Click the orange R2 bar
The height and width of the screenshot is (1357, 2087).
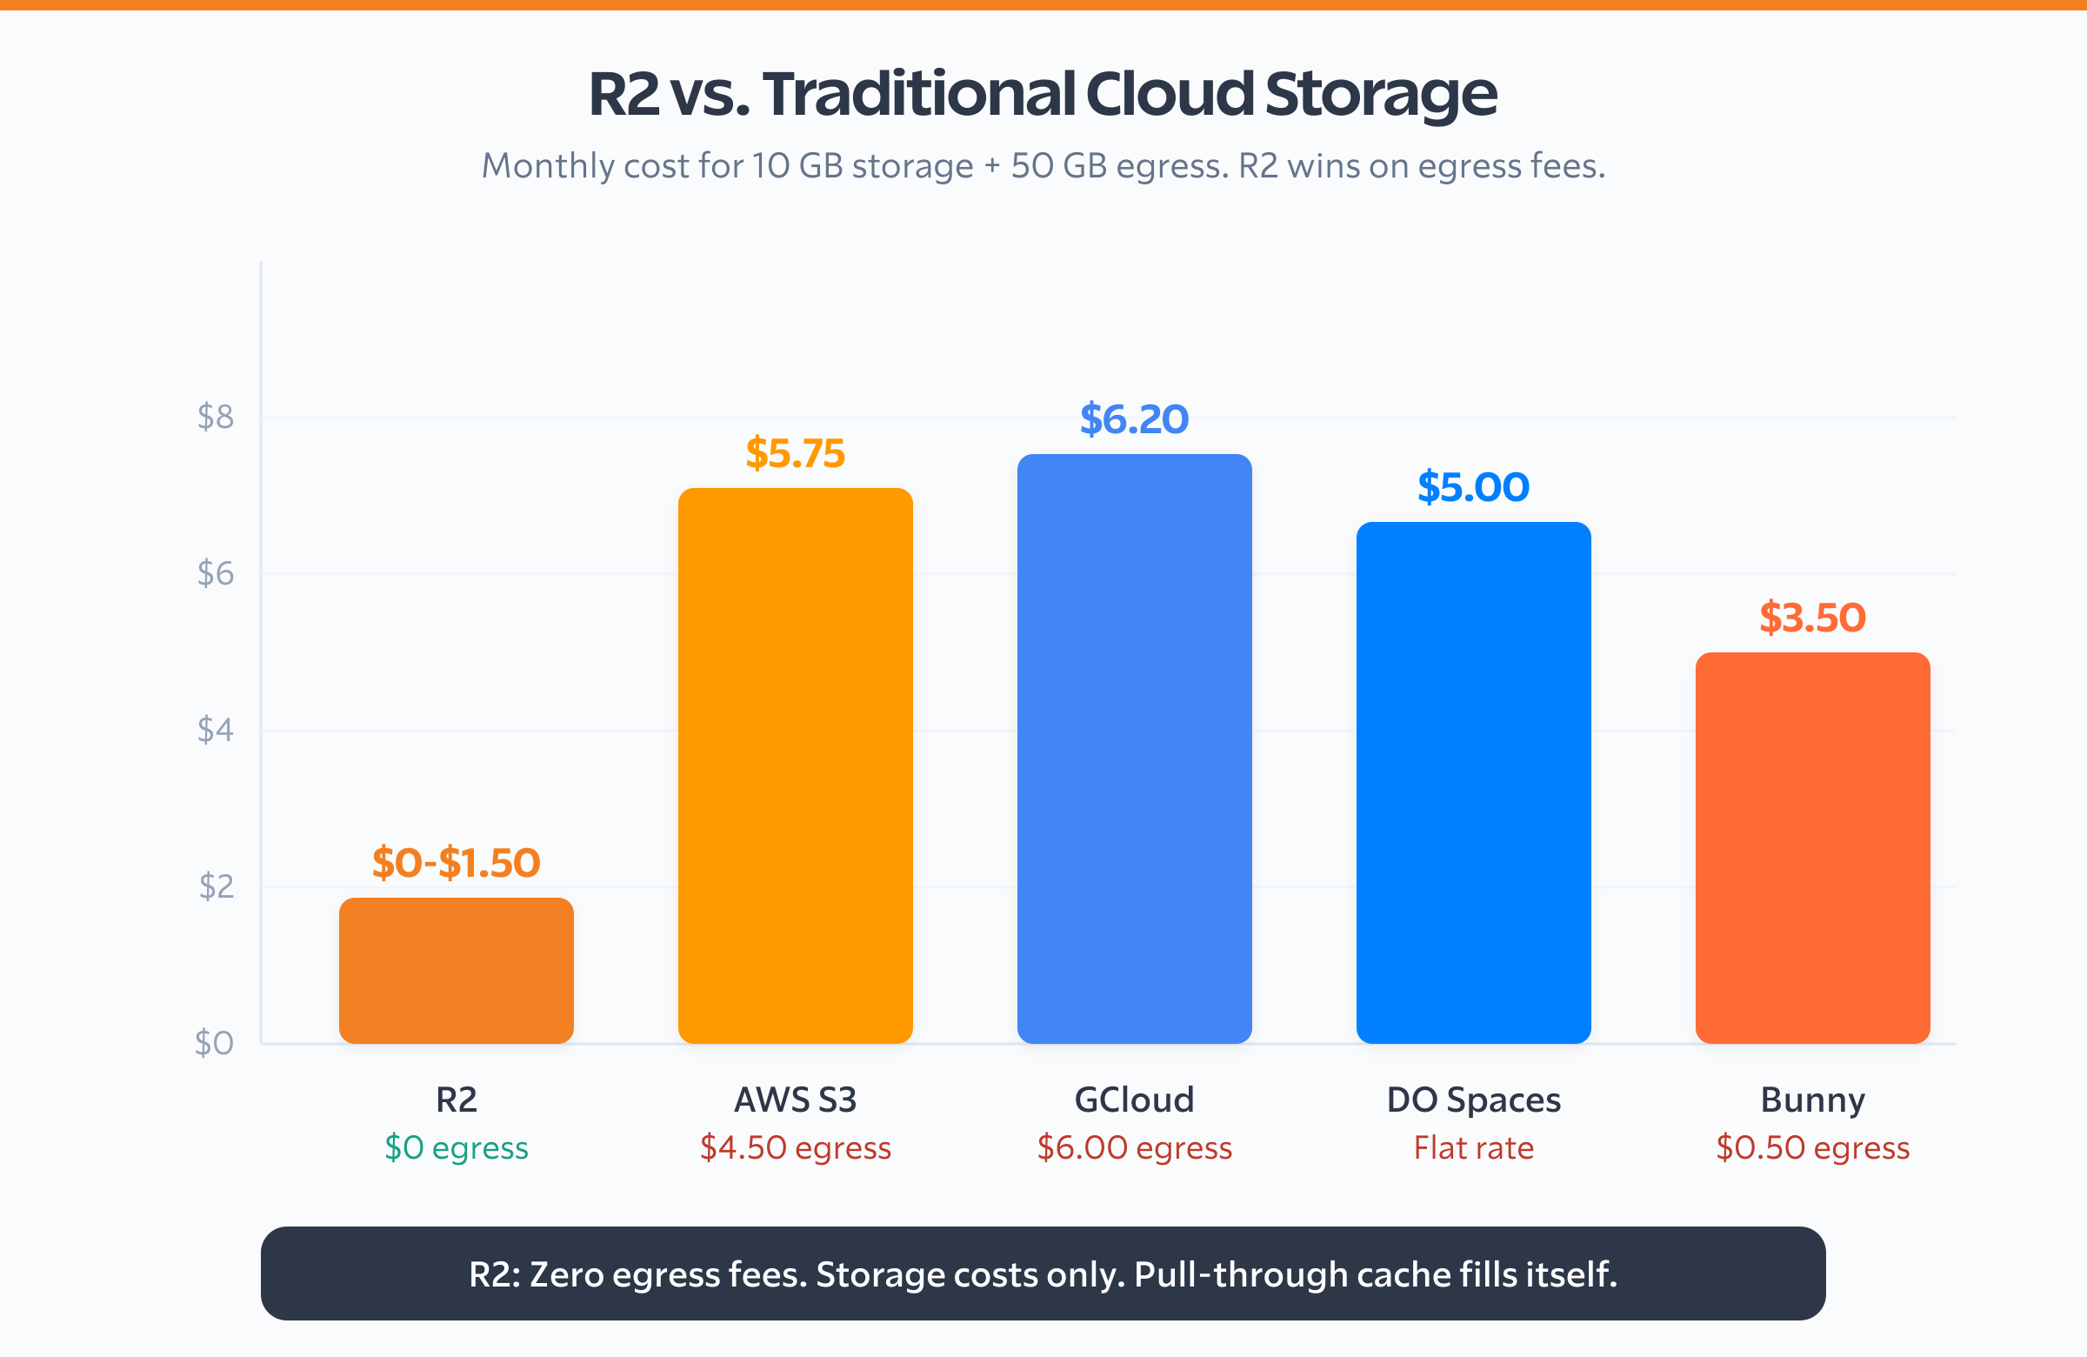(456, 970)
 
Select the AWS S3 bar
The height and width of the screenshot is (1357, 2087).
(796, 765)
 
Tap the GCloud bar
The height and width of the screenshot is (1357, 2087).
(1134, 748)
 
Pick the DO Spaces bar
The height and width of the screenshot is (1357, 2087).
(1473, 782)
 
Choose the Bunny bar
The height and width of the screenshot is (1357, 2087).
(1812, 847)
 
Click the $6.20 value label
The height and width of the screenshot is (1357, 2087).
(1134, 419)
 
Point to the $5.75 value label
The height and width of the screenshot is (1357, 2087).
(796, 453)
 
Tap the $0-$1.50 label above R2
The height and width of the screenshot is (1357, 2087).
(456, 862)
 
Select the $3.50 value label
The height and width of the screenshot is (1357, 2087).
(1812, 618)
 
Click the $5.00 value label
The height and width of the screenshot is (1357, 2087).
(1473, 487)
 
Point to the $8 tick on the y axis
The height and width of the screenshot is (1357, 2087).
(216, 417)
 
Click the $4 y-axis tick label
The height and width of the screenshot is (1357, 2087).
(216, 730)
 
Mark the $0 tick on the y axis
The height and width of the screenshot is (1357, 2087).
(214, 1043)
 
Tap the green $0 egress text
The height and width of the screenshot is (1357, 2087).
(456, 1147)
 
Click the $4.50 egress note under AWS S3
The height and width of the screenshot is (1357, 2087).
(796, 1147)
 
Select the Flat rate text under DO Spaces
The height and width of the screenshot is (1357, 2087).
(1473, 1147)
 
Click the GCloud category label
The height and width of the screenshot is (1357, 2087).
(1134, 1100)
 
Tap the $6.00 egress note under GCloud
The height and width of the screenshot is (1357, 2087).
(1134, 1147)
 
